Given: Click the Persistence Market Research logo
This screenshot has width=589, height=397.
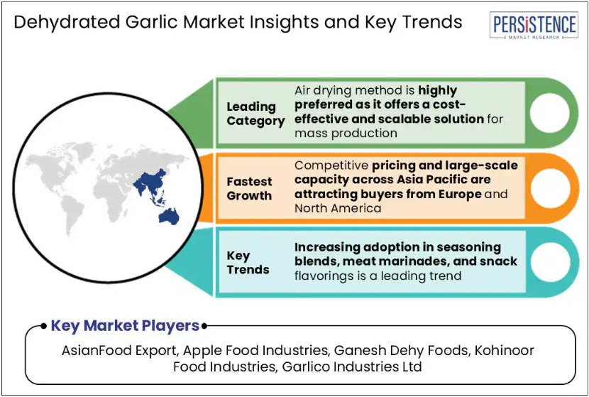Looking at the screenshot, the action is pos(534,25).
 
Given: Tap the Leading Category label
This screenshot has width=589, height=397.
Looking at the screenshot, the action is pos(255,114).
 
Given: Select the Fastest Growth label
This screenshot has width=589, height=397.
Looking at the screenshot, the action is pos(249,188).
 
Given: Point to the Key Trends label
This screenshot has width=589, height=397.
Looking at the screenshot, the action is pos(248,262).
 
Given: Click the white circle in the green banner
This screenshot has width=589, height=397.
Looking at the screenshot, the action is pos(549,113).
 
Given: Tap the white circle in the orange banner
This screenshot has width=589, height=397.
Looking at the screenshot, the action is pos(550,188).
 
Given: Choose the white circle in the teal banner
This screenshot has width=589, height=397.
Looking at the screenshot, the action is pos(550,262).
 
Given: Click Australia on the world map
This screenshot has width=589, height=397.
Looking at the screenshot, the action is pos(169,217).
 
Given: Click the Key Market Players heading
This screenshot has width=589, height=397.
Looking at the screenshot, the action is pos(125,325).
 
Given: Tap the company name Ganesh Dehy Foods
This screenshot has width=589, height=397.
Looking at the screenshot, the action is pos(401,350).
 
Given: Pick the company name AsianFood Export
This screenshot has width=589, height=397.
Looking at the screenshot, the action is pos(119,350).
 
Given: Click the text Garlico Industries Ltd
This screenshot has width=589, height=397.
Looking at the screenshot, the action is pos(352,366).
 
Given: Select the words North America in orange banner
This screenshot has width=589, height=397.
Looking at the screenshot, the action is pos(338,208).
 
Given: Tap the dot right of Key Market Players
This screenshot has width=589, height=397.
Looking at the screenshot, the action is pos(204,326).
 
